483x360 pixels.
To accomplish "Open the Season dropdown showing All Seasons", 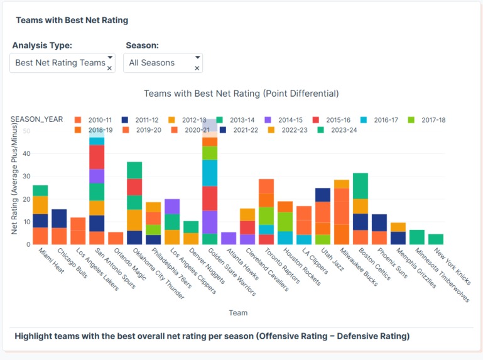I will (x=157, y=63).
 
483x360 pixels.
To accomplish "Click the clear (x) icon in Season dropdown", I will (x=197, y=68).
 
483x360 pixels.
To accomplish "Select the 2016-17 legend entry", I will (x=392, y=120).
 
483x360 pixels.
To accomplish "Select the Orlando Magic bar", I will (x=116, y=238).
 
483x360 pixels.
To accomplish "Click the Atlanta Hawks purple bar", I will (x=229, y=238).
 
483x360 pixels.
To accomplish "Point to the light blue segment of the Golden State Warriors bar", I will (x=210, y=173).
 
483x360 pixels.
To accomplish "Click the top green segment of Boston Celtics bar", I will (x=361, y=186).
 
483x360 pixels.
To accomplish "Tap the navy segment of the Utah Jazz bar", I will (x=323, y=195).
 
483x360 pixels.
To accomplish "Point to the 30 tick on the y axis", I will (x=26, y=177).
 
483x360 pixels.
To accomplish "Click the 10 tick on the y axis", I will (x=26, y=222).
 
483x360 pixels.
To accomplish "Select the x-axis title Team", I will (x=238, y=313).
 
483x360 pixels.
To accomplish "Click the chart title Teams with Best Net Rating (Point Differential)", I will (x=241, y=94).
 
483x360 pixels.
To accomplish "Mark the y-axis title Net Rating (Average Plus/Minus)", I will (x=14, y=179).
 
